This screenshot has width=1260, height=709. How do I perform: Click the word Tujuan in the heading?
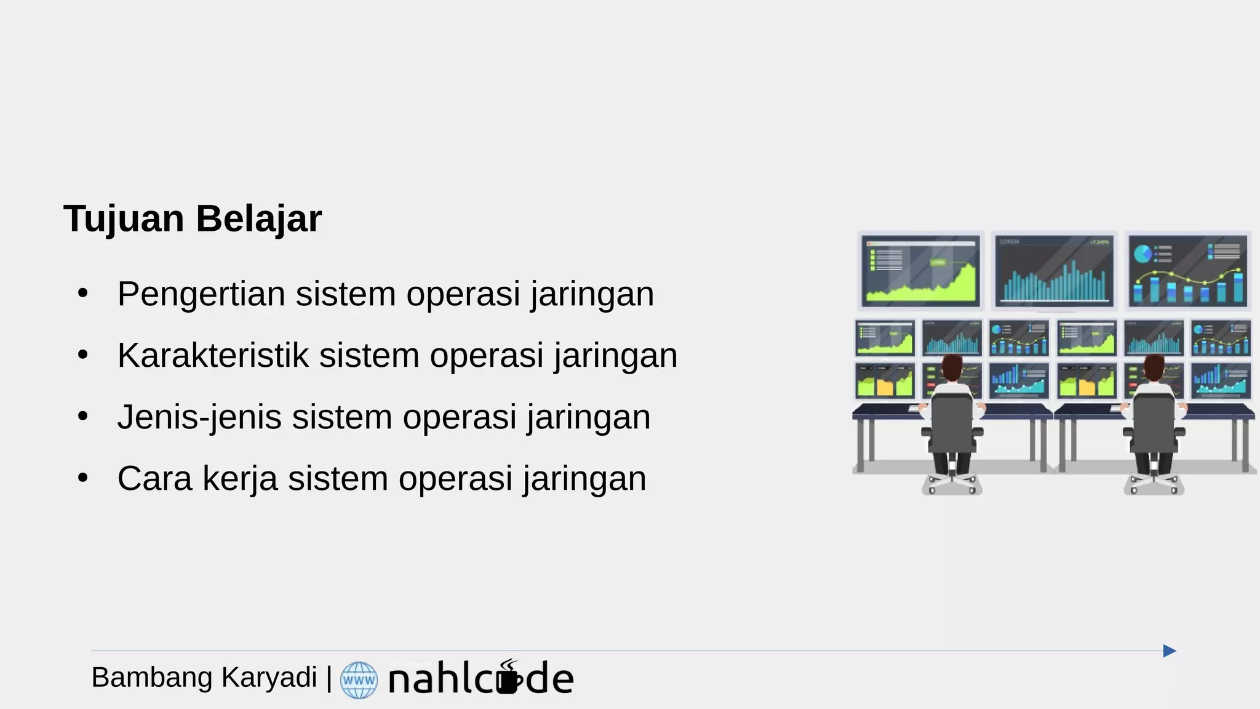pos(124,219)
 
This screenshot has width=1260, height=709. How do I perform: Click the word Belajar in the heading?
pos(258,219)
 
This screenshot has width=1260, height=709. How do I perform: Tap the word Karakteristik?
pos(213,356)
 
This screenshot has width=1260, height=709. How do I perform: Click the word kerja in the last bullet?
pos(240,479)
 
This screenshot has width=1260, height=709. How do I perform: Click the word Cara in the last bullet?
pos(154,479)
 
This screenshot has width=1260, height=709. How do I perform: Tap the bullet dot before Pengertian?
pos(83,293)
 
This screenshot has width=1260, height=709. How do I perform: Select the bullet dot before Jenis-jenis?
pos(83,416)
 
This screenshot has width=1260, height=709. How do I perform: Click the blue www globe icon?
pos(359,680)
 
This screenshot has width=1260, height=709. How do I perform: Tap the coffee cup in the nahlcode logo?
pos(508,679)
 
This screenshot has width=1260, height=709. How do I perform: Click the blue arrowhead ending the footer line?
pos(1169,651)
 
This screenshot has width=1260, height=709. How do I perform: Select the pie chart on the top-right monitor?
pos(1142,254)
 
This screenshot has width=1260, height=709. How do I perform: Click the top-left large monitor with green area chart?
pos(920,270)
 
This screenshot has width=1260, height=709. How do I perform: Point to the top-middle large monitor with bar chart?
pos(1055,270)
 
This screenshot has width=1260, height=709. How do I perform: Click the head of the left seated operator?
pos(952,367)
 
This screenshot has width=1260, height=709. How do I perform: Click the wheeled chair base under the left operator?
pos(952,484)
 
